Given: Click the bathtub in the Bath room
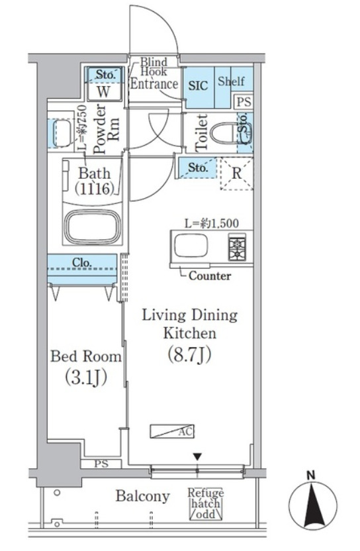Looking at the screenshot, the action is (93, 226).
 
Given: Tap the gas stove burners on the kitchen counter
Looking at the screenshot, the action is (237, 248).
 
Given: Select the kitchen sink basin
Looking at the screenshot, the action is (191, 246).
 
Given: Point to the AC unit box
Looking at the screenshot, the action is (172, 431).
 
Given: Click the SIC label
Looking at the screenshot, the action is (198, 85).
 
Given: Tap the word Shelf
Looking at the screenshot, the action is (231, 81).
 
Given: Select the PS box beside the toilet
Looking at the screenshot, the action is (244, 102).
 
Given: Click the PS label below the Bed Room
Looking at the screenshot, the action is (101, 464).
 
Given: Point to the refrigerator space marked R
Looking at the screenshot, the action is (237, 174).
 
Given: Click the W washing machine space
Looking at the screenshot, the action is (103, 91).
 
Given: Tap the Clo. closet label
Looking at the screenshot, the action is (81, 262).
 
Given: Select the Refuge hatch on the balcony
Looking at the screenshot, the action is (206, 503).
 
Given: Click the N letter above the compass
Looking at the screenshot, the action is (311, 476).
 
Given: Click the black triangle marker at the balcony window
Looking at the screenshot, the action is (197, 456).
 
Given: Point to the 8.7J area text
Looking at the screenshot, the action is (190, 354).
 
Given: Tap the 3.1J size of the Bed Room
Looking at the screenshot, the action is (86, 377).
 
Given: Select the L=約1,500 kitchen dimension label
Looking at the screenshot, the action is (212, 223).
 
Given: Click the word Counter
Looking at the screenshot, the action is (210, 276).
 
